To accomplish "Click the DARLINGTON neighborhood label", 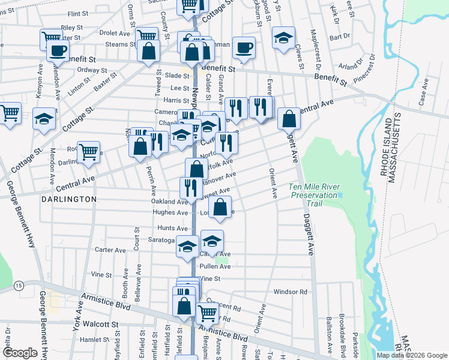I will point(69,199).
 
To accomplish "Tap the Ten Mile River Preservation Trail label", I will point(315,191).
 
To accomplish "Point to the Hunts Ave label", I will point(172,228).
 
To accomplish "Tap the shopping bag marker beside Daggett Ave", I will point(289,119).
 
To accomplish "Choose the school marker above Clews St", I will point(283,38).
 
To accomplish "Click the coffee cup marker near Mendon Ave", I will point(58,50).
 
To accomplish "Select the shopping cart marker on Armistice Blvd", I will point(207,311).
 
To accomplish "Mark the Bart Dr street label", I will point(344,36).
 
